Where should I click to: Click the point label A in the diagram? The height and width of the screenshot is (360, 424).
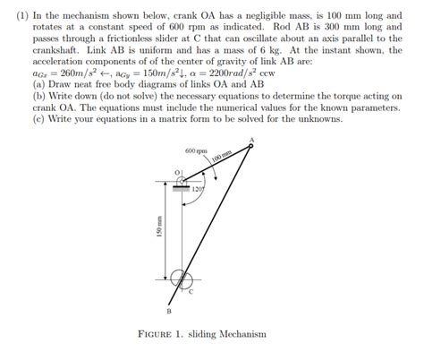coord(251,139)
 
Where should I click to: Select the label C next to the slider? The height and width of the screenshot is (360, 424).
coord(191,292)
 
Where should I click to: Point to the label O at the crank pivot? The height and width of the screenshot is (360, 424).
coord(177,170)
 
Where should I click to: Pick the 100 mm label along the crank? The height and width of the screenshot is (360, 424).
coord(220,158)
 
